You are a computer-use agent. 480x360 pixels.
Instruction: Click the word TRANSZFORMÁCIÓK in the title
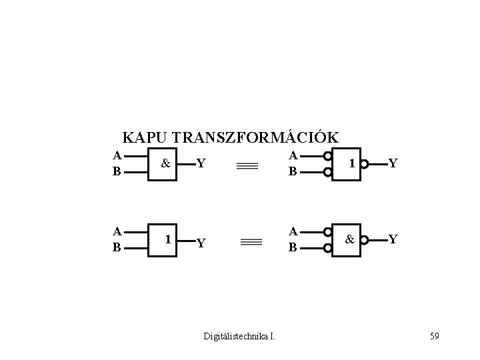pyautogui.click(x=255, y=137)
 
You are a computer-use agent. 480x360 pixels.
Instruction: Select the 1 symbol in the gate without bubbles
pyautogui.click(x=169, y=238)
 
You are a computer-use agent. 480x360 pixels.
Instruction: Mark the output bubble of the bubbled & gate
pyautogui.click(x=365, y=238)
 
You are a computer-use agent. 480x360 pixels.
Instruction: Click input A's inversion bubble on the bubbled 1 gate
pyautogui.click(x=329, y=157)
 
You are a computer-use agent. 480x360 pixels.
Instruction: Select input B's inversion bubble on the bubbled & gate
pyautogui.click(x=329, y=248)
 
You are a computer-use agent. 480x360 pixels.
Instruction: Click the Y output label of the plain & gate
pyautogui.click(x=201, y=163)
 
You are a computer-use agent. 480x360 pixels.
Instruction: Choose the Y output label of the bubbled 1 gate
pyautogui.click(x=394, y=163)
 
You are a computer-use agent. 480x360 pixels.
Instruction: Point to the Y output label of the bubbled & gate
pyautogui.click(x=394, y=239)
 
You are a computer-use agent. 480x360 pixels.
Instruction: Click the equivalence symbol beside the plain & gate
pyautogui.click(x=247, y=168)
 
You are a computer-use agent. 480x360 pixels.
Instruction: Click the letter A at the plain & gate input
pyautogui.click(x=117, y=156)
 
